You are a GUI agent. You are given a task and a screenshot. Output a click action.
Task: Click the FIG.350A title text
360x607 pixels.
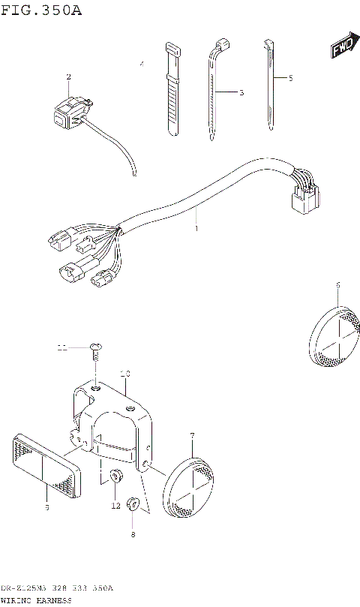tap(40, 10)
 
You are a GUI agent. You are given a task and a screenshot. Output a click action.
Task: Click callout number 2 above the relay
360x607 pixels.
tap(68, 77)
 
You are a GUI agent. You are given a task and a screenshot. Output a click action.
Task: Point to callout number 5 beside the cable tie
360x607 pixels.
tap(290, 78)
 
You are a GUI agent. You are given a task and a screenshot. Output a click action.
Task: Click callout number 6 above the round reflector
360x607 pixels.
tap(337, 285)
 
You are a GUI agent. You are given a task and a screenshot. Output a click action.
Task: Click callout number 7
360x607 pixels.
tap(193, 435)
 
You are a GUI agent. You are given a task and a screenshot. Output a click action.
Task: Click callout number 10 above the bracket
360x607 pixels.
tap(125, 373)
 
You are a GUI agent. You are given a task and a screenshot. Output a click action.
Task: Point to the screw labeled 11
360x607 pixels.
tap(95, 347)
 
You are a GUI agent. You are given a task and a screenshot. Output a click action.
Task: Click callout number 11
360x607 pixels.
tap(63, 347)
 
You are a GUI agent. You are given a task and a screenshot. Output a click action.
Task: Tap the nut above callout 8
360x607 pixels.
tap(133, 503)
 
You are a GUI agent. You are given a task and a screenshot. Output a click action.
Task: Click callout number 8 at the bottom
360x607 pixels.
tap(133, 534)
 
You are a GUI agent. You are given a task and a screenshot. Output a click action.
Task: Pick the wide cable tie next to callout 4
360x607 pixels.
tap(172, 90)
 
